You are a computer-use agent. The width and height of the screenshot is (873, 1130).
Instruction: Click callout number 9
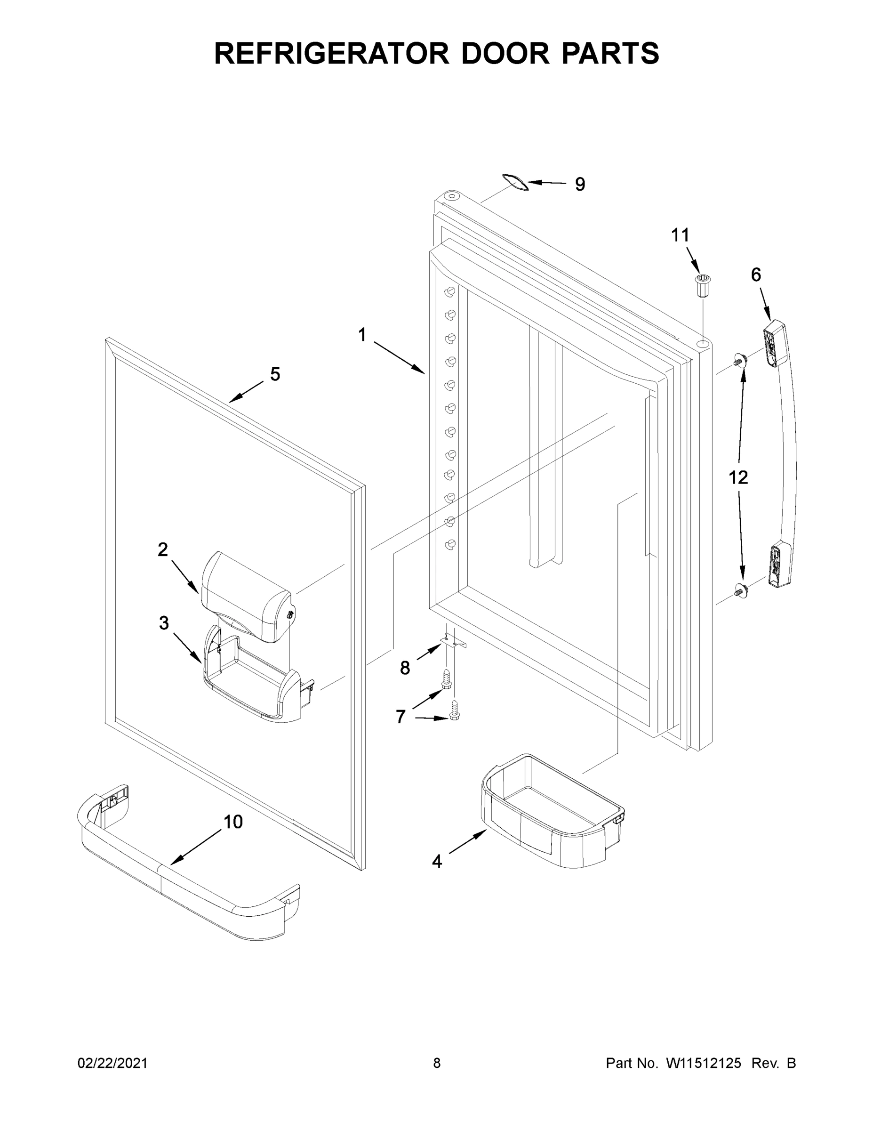[x=580, y=184]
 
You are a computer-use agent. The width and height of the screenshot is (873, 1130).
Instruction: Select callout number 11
[x=680, y=235]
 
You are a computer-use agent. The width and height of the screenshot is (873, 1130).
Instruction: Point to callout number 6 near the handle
[x=756, y=275]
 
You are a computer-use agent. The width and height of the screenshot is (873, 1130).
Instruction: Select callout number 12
[x=738, y=477]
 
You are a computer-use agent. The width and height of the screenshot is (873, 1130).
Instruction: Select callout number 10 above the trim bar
[x=233, y=821]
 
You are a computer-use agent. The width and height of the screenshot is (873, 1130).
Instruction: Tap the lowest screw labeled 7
[x=455, y=710]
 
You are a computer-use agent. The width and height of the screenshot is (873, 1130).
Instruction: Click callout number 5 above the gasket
[x=275, y=374]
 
